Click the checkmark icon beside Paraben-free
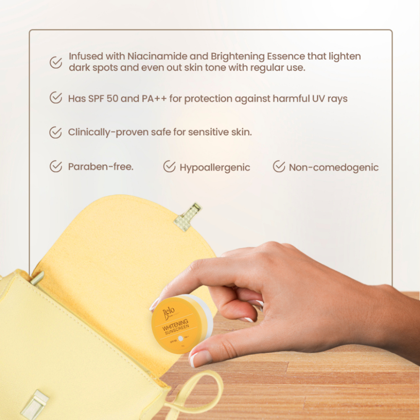(56, 166)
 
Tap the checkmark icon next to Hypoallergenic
(169, 166)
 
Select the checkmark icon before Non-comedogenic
(279, 166)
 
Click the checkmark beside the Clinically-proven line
(56, 132)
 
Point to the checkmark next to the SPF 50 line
(56, 98)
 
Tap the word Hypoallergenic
(215, 168)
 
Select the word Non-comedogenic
(333, 168)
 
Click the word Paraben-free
(100, 167)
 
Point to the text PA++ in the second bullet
(156, 99)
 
